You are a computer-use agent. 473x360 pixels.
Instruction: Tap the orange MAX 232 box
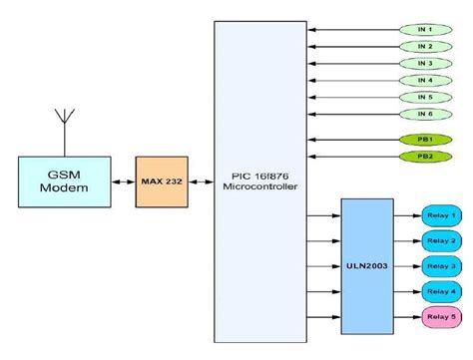click(160, 181)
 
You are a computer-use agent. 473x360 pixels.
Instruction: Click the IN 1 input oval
click(425, 29)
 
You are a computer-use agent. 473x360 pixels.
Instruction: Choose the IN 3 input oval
click(425, 63)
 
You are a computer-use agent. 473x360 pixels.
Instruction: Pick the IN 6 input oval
click(425, 114)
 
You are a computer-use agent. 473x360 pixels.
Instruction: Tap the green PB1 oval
click(425, 140)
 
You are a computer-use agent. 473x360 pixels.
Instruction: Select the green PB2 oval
click(425, 157)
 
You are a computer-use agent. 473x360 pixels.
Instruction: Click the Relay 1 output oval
click(440, 215)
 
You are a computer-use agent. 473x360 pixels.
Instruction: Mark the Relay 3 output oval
click(440, 265)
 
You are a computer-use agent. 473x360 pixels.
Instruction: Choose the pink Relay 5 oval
click(440, 316)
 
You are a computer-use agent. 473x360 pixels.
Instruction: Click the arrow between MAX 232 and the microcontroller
click(200, 181)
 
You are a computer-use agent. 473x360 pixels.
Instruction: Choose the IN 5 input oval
click(425, 97)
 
